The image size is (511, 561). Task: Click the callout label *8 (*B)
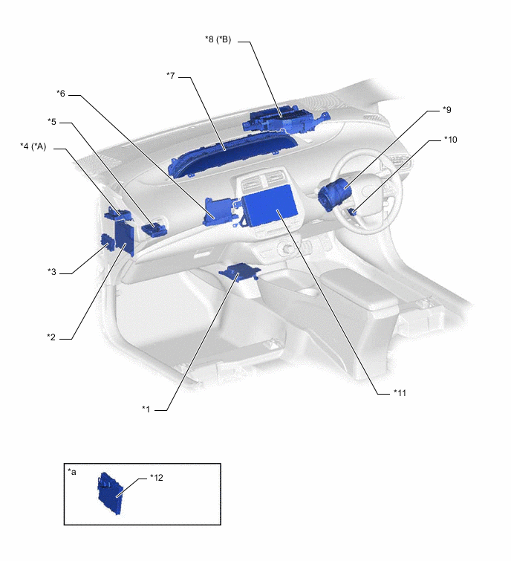coord(218,39)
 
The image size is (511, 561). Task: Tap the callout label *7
coord(171,76)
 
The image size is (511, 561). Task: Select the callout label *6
coord(61,94)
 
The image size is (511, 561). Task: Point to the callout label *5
coord(52,122)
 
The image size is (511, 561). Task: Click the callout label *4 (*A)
coord(33,146)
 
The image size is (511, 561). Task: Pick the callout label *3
coord(52,271)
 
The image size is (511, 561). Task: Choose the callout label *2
coord(51,337)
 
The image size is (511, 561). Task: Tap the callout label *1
coord(146,409)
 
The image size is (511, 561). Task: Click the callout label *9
coord(447,109)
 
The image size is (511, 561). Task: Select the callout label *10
coord(451,139)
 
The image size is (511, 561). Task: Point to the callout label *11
coord(400,393)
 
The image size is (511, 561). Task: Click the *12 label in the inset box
coord(157,478)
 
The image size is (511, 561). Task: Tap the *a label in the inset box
coord(72,472)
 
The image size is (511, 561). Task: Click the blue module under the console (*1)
coord(239,271)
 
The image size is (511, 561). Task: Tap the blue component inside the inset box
coord(110,493)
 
